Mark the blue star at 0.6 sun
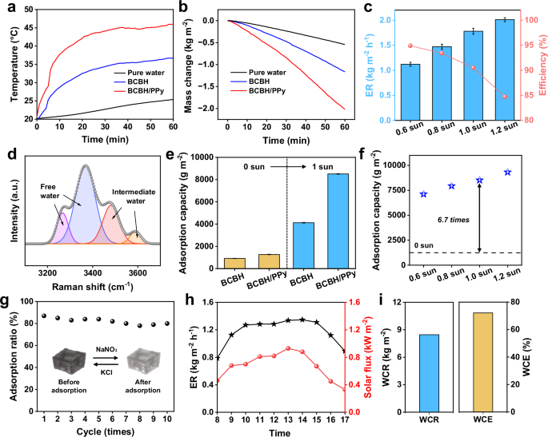pos(423,194)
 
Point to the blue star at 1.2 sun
pos(507,173)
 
